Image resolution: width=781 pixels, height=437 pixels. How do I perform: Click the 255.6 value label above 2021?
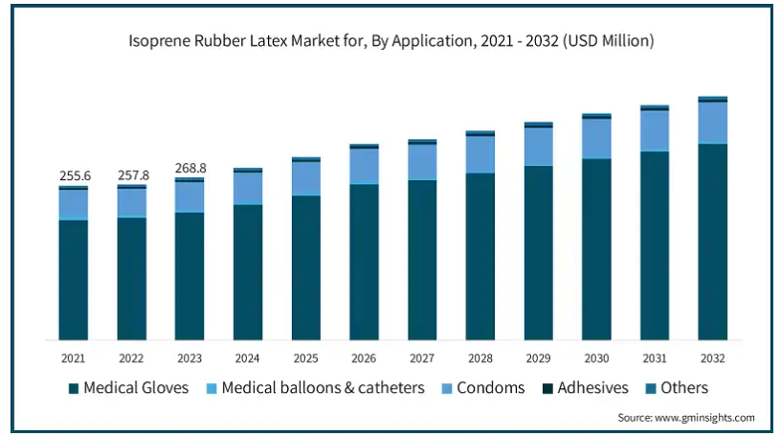75,175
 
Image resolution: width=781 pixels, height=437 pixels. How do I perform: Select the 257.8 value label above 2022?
133,175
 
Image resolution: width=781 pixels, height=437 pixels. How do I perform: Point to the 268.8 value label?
190,168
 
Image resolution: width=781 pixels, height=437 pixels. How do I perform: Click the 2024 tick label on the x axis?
248,358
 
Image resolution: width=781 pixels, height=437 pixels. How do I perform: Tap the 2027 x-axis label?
422,358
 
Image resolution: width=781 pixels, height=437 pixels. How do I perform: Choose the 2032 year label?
713,358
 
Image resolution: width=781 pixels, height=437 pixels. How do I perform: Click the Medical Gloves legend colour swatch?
74,389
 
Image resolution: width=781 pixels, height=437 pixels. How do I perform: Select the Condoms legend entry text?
491,387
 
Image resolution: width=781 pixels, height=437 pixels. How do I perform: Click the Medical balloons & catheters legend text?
323,387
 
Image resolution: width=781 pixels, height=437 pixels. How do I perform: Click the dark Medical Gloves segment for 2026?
364,263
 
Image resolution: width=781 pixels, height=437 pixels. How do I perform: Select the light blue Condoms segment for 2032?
713,123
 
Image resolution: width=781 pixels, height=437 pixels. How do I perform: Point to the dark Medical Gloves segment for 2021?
73,281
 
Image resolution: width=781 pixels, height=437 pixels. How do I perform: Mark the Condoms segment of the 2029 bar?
539,147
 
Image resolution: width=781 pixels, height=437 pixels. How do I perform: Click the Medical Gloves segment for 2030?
596,249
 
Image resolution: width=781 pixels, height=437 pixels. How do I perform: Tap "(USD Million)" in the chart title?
608,41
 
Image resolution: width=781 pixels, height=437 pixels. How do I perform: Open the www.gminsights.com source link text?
704,418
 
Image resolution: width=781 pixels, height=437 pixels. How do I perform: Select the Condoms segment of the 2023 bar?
190,197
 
